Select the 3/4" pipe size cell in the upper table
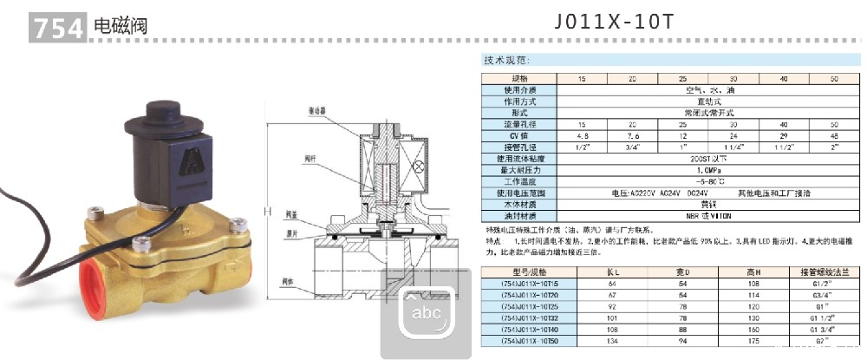pos(632,147)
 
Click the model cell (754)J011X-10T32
pos(525,318)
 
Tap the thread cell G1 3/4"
pos(827,330)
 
